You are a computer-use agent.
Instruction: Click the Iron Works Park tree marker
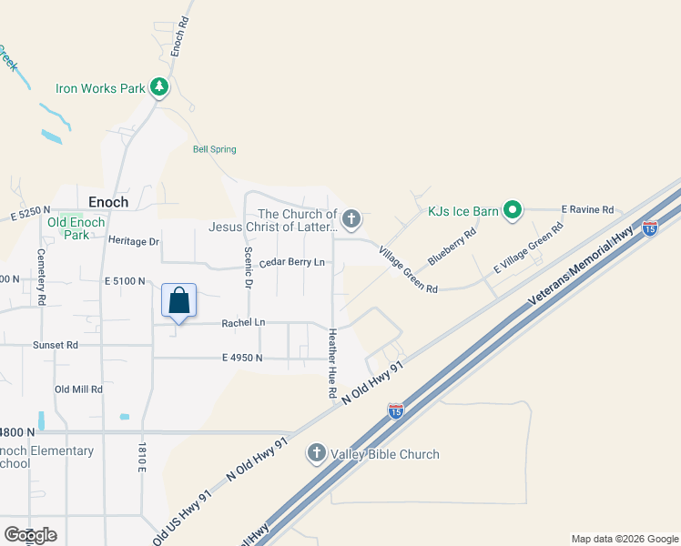pos(160,87)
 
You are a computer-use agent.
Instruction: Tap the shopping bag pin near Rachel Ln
pos(178,301)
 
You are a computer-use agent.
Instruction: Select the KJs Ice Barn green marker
pos(513,212)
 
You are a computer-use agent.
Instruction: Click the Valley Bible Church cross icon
pos(317,453)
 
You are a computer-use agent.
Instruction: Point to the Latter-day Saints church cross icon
pos(351,218)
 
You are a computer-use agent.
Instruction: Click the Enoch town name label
pos(108,202)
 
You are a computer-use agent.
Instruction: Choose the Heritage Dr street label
pos(133,241)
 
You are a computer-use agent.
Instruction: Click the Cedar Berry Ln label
pos(291,263)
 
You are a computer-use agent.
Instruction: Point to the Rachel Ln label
pos(243,322)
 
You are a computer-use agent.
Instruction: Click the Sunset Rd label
pos(55,345)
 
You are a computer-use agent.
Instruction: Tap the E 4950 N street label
pos(241,358)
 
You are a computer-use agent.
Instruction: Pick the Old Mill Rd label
pos(78,389)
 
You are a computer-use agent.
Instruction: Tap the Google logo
pos(30,534)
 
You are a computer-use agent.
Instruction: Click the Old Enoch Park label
pos(76,228)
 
